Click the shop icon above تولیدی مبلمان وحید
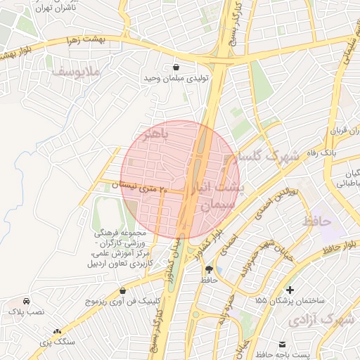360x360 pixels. pos(174,67)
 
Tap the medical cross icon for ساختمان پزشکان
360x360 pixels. pos(290,289)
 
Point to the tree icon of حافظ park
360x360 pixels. pos(208,269)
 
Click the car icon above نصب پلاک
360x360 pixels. pos(26,300)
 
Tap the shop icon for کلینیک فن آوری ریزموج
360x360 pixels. pos(123,290)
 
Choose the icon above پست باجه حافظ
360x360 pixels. pos(282,344)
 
